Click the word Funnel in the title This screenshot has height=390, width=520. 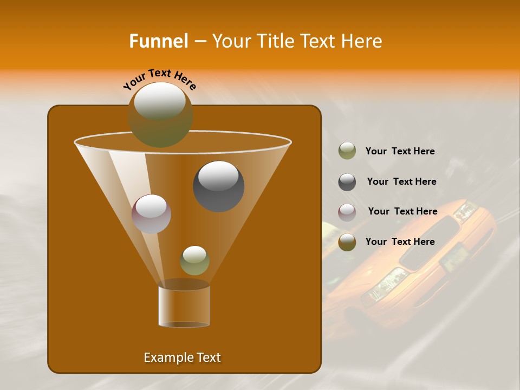coord(158,41)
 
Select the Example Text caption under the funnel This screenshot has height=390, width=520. coord(183,357)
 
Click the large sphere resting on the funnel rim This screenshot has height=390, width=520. coord(160,114)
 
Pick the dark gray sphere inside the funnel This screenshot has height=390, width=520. coord(218,186)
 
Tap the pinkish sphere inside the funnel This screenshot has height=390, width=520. coord(151,214)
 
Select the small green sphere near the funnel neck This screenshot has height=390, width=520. coord(194,261)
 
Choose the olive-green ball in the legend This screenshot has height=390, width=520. coord(347,151)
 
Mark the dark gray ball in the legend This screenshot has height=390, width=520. coord(347,181)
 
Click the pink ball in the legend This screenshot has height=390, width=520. coord(347,212)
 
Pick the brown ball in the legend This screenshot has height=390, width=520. coord(347,242)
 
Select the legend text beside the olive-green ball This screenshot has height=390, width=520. coord(400,151)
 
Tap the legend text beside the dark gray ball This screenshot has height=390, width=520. coord(401,181)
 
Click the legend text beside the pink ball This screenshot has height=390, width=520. coord(402,211)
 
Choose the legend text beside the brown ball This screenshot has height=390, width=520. coord(400,242)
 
